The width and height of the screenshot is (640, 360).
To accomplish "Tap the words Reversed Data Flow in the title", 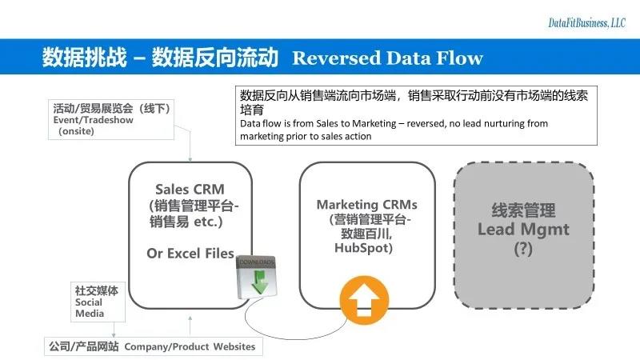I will (387, 58).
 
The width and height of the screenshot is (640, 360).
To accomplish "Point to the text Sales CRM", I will (190, 190).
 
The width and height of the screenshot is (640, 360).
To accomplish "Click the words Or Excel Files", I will (190, 254).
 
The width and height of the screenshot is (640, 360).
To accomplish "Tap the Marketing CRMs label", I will (367, 205).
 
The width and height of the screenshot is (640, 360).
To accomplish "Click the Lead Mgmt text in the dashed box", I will (523, 230).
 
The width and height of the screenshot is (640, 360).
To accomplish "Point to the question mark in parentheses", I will (523, 248).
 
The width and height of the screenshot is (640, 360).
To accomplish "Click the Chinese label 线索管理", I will (523, 211).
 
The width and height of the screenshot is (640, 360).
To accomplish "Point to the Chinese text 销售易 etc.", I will (189, 222).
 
